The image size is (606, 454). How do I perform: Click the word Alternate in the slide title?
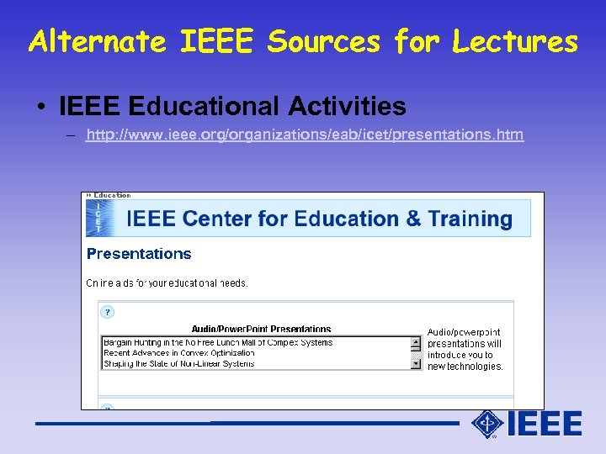pos(98,41)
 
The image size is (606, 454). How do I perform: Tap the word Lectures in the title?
pos(515,41)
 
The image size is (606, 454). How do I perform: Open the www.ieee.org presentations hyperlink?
pos(305,135)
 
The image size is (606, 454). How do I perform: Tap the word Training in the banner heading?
pos(470,219)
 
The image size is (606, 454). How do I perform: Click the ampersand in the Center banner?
pos(413,219)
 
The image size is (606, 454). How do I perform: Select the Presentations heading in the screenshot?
pos(139,254)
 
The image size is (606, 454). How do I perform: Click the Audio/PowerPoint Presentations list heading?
pos(261,329)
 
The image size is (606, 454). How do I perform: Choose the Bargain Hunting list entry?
pos(217,342)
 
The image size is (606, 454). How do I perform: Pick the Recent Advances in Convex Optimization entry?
pos(190,353)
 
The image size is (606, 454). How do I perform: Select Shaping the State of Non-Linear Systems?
pos(178,364)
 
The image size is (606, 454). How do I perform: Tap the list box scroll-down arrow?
pos(416,364)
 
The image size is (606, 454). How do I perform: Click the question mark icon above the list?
pos(107,312)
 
